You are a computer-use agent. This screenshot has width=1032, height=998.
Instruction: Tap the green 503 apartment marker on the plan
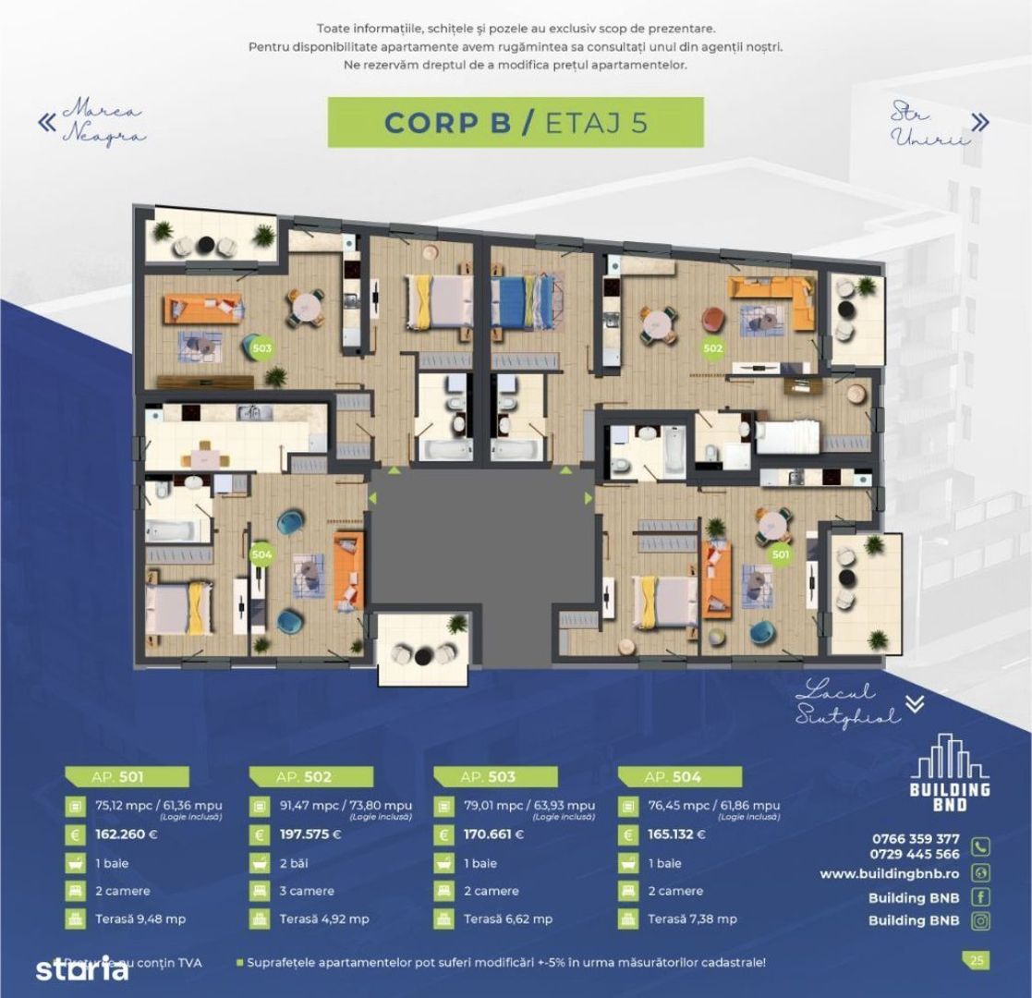261,348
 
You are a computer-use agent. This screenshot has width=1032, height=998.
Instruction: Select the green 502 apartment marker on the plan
712,348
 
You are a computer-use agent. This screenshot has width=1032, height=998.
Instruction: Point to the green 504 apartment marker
261,554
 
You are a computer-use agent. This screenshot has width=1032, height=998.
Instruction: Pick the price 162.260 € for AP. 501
127,834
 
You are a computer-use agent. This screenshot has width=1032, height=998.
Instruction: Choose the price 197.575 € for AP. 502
310,834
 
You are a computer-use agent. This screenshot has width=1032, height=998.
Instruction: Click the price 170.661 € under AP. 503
493,834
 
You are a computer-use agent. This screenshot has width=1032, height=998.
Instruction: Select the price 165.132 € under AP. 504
677,834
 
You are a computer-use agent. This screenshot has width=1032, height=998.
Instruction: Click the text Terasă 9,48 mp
140,919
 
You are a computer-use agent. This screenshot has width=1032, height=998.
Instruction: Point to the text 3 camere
307,892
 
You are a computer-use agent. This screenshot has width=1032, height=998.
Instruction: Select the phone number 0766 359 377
915,839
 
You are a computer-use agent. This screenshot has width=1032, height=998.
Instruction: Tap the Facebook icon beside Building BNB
980,896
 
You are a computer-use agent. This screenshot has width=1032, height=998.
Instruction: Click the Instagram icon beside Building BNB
980,920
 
